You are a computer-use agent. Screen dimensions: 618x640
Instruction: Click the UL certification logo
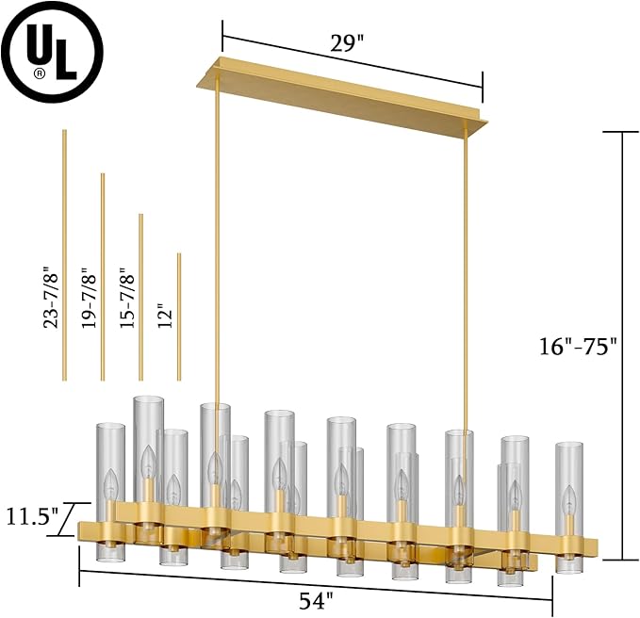click(54, 53)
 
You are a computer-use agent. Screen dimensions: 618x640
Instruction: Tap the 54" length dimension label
click(318, 597)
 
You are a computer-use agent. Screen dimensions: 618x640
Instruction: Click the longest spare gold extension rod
click(64, 254)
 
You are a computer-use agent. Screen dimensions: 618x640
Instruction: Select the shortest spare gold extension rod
click(179, 316)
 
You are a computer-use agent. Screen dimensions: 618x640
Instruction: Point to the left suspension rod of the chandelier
click(219, 283)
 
